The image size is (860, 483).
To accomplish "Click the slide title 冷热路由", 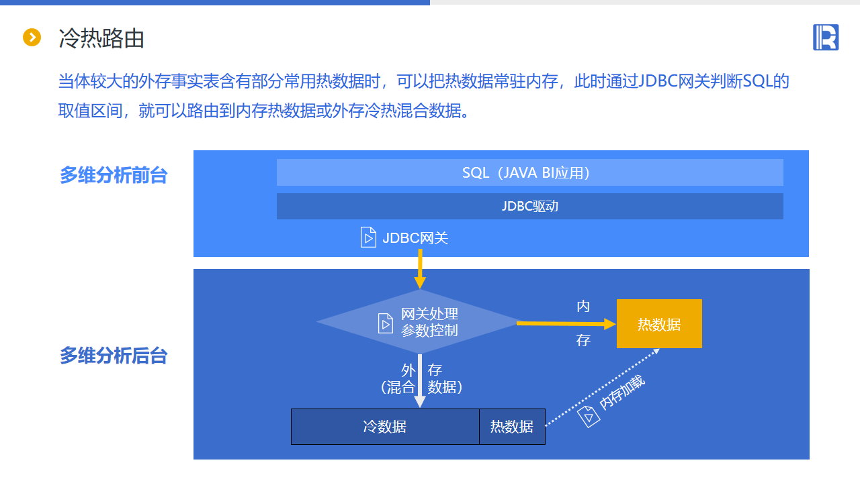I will pyautogui.click(x=101, y=38).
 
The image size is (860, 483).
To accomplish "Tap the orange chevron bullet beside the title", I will pyautogui.click(x=32, y=38).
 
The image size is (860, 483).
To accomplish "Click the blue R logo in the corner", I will pyautogui.click(x=826, y=37).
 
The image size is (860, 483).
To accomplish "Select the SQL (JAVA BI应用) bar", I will pyautogui.click(x=529, y=172).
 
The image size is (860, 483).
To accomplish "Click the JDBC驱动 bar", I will pyautogui.click(x=529, y=206).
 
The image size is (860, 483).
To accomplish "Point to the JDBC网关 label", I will pyautogui.click(x=415, y=237).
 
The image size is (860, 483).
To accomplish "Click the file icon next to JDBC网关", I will pyautogui.click(x=368, y=237).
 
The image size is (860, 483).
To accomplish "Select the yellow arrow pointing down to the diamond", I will pyautogui.click(x=420, y=268).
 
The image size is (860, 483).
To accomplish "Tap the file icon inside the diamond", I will pyautogui.click(x=386, y=323).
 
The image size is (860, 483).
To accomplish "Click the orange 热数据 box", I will pyautogui.click(x=659, y=324).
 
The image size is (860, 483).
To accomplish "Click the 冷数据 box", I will pyautogui.click(x=384, y=427).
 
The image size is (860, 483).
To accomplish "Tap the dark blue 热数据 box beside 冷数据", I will pyautogui.click(x=512, y=427).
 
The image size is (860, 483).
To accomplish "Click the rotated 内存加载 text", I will pyautogui.click(x=622, y=392).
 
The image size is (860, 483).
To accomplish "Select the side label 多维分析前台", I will pyautogui.click(x=114, y=176).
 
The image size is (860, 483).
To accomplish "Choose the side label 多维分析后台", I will pyautogui.click(x=114, y=356).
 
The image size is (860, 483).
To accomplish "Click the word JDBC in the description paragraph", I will pyautogui.click(x=655, y=82).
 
